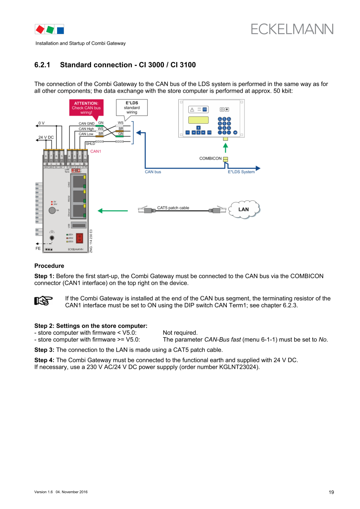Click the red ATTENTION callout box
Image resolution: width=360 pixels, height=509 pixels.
coord(86,108)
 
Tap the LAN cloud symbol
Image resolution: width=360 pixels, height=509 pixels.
coord(245,209)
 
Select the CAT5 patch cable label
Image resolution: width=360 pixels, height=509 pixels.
coord(173,208)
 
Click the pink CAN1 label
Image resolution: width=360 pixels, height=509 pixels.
coord(96,151)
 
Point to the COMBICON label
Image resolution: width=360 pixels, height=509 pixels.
coord(210,158)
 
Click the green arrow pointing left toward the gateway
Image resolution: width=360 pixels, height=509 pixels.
coord(113,211)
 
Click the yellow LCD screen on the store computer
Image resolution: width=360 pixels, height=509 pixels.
coord(198,120)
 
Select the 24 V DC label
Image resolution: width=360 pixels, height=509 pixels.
coord(46,137)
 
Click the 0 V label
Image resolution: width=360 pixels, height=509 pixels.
coord(41,123)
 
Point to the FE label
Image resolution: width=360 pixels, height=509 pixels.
coord(38,249)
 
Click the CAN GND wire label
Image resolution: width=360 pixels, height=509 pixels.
coord(86,123)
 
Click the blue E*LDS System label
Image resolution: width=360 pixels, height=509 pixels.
coord(241,172)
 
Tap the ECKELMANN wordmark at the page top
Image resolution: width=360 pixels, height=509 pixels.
coord(292,29)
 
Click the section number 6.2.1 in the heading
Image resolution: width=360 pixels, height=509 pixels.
coord(42,65)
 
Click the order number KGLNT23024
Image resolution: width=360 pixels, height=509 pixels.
coord(238,367)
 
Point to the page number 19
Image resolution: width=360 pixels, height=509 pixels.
coord(331,492)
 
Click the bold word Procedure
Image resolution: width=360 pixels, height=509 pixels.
coord(49,266)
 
